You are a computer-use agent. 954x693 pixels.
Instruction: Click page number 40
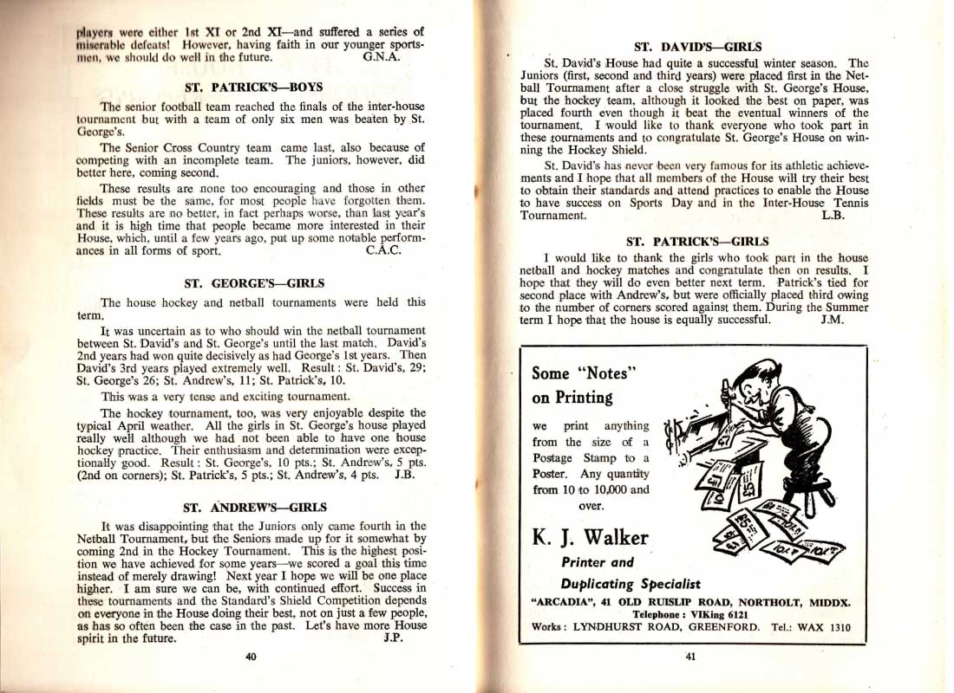tap(251, 657)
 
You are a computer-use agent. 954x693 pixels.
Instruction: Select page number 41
tap(690, 657)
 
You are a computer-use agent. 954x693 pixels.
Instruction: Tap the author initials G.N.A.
tap(381, 58)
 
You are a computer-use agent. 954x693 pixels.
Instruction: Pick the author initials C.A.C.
tap(383, 251)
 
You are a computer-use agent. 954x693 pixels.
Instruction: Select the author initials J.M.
tap(832, 319)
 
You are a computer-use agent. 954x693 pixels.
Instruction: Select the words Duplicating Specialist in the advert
tap(631, 584)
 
